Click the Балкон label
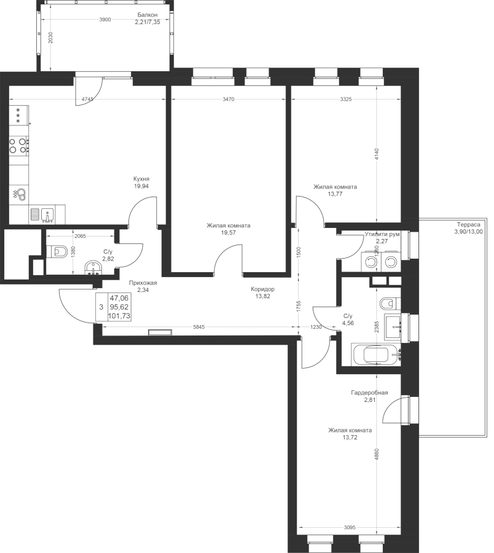147,15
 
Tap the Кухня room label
141,178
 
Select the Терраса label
469,224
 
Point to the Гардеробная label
369,393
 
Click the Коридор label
263,289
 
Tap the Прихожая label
143,283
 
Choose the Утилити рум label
382,234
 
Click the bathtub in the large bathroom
376,354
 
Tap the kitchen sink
42,214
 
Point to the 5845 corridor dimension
199,327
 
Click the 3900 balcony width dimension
105,20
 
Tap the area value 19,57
229,233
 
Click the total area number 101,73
119,316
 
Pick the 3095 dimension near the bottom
350,528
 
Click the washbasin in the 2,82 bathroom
93,268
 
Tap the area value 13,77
335,194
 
